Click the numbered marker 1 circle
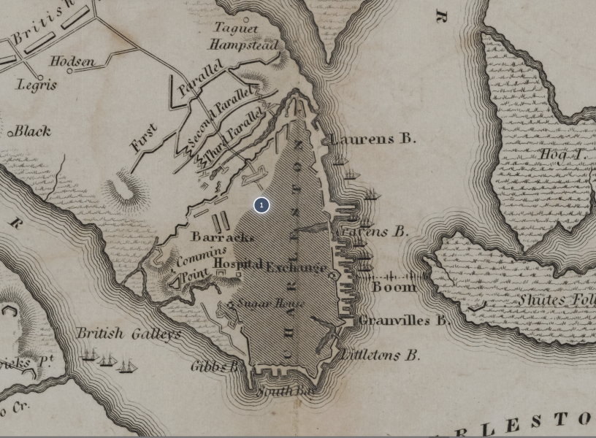pyautogui.click(x=261, y=205)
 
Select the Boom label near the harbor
pyautogui.click(x=394, y=287)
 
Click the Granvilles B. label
pyautogui.click(x=403, y=320)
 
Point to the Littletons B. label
pyautogui.click(x=381, y=356)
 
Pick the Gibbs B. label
pyautogui.click(x=215, y=366)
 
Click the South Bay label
pyautogui.click(x=287, y=392)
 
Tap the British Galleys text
pyautogui.click(x=129, y=334)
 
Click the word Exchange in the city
pyautogui.click(x=296, y=267)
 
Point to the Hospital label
pyautogui.click(x=237, y=264)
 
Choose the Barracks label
pyautogui.click(x=222, y=237)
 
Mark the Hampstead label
pyautogui.click(x=244, y=45)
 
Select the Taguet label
pyautogui.click(x=236, y=28)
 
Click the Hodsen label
pyautogui.click(x=72, y=62)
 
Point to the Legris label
pyautogui.click(x=37, y=85)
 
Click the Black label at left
pyautogui.click(x=32, y=131)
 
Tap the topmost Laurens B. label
pyautogui.click(x=373, y=138)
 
